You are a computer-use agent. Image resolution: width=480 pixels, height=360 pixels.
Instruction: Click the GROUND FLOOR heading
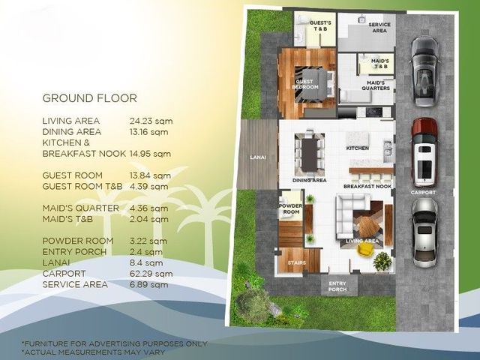click(90, 98)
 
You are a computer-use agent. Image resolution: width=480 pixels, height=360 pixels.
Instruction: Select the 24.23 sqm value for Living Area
click(151, 121)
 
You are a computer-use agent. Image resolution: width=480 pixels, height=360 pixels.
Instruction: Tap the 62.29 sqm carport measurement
click(151, 274)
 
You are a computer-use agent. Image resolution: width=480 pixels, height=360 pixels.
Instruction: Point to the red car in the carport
click(424, 153)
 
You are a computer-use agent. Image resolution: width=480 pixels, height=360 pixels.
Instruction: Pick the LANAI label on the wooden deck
click(258, 157)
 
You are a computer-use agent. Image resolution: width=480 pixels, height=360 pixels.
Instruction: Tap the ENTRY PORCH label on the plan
click(337, 286)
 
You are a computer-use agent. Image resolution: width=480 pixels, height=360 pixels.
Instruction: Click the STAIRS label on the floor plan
click(297, 262)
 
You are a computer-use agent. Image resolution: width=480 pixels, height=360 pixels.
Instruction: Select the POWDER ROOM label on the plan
click(290, 208)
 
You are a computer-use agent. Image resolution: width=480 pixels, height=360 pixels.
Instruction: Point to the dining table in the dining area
click(310, 155)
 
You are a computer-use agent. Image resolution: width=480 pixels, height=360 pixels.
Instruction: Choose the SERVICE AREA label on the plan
click(379, 28)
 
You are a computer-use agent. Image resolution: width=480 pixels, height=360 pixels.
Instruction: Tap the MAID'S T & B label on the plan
click(380, 64)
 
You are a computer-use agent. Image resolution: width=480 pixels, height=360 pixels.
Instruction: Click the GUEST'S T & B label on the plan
click(320, 25)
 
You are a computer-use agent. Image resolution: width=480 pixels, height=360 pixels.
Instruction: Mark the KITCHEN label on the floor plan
click(358, 148)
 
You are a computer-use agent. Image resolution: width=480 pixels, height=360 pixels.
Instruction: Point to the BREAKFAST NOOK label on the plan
click(367, 187)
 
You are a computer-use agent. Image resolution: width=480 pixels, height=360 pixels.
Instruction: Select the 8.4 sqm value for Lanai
click(146, 263)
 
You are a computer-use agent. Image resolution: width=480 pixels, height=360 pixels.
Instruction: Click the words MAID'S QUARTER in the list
click(80, 208)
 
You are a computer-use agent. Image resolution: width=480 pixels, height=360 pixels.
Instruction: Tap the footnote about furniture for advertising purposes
click(115, 343)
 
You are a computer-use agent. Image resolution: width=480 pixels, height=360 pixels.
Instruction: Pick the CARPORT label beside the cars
click(423, 193)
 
